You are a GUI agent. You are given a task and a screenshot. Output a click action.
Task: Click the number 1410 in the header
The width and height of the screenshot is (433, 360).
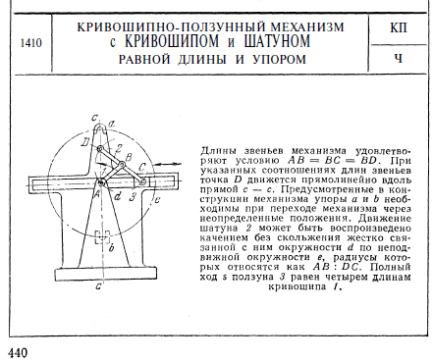(x=29, y=44)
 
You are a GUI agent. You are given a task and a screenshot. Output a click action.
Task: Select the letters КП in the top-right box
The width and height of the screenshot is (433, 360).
(x=398, y=26)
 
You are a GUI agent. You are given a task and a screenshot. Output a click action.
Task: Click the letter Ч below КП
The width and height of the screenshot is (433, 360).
(x=398, y=59)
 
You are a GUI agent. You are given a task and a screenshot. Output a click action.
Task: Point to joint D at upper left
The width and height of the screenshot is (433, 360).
(x=99, y=150)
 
